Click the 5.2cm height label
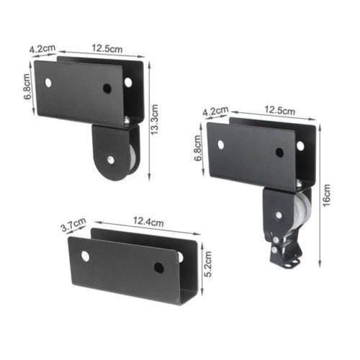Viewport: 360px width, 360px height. [x=205, y=264]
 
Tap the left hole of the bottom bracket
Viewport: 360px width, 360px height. [x=86, y=256]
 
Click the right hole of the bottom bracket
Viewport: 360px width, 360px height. [x=158, y=268]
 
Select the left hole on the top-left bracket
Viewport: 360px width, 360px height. [x=48, y=82]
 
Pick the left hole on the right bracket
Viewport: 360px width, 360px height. [x=220, y=145]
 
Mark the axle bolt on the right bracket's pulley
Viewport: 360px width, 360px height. [x=279, y=214]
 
